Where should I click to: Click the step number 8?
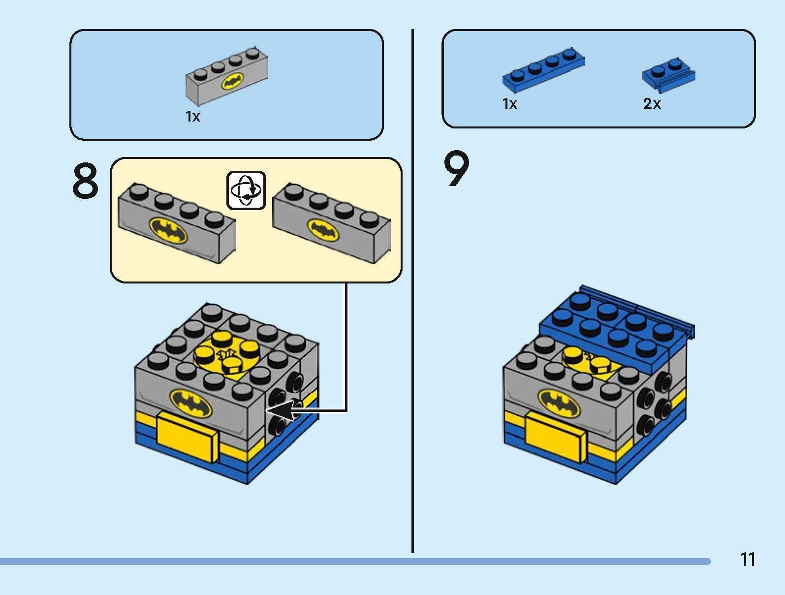(86, 181)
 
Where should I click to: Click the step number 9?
(457, 170)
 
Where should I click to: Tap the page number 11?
(747, 560)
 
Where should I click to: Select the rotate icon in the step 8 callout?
(246, 190)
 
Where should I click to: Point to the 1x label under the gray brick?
(192, 117)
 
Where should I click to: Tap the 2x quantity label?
(652, 104)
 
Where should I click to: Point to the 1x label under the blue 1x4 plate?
(510, 104)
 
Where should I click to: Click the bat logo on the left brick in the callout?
(168, 229)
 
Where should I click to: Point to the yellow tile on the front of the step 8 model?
(188, 436)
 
